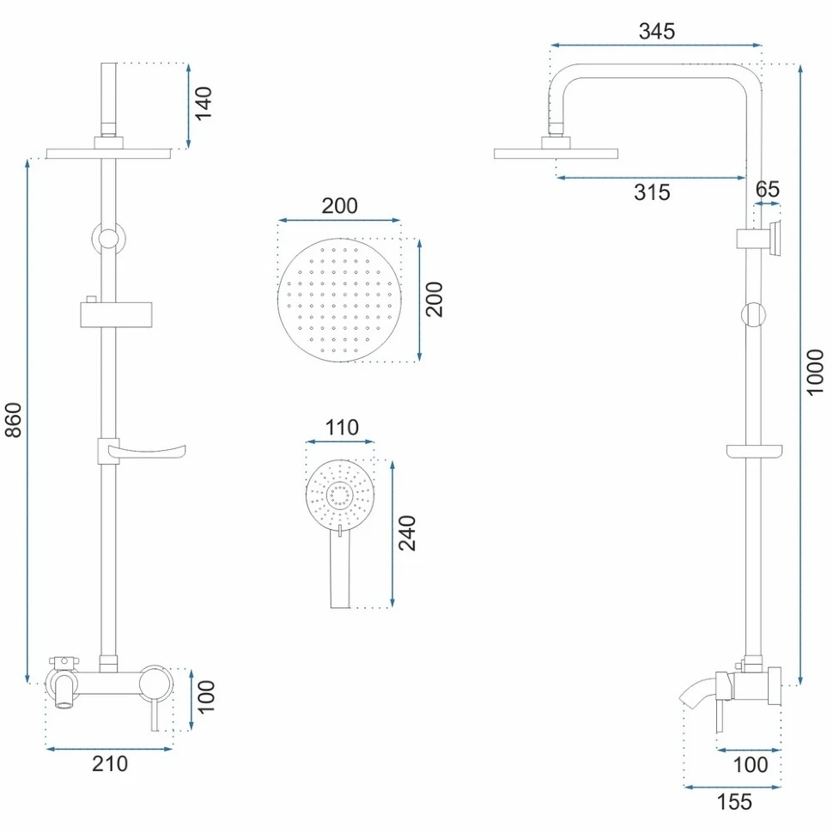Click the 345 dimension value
click(x=657, y=31)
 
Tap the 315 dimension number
click(x=652, y=192)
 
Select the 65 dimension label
click(x=767, y=189)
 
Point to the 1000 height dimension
click(x=814, y=372)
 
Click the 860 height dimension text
click(x=13, y=420)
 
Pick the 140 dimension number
click(x=204, y=104)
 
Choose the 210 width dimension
click(x=110, y=764)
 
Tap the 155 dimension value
click(x=734, y=802)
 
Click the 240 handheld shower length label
click(x=407, y=533)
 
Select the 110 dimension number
click(x=342, y=428)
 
